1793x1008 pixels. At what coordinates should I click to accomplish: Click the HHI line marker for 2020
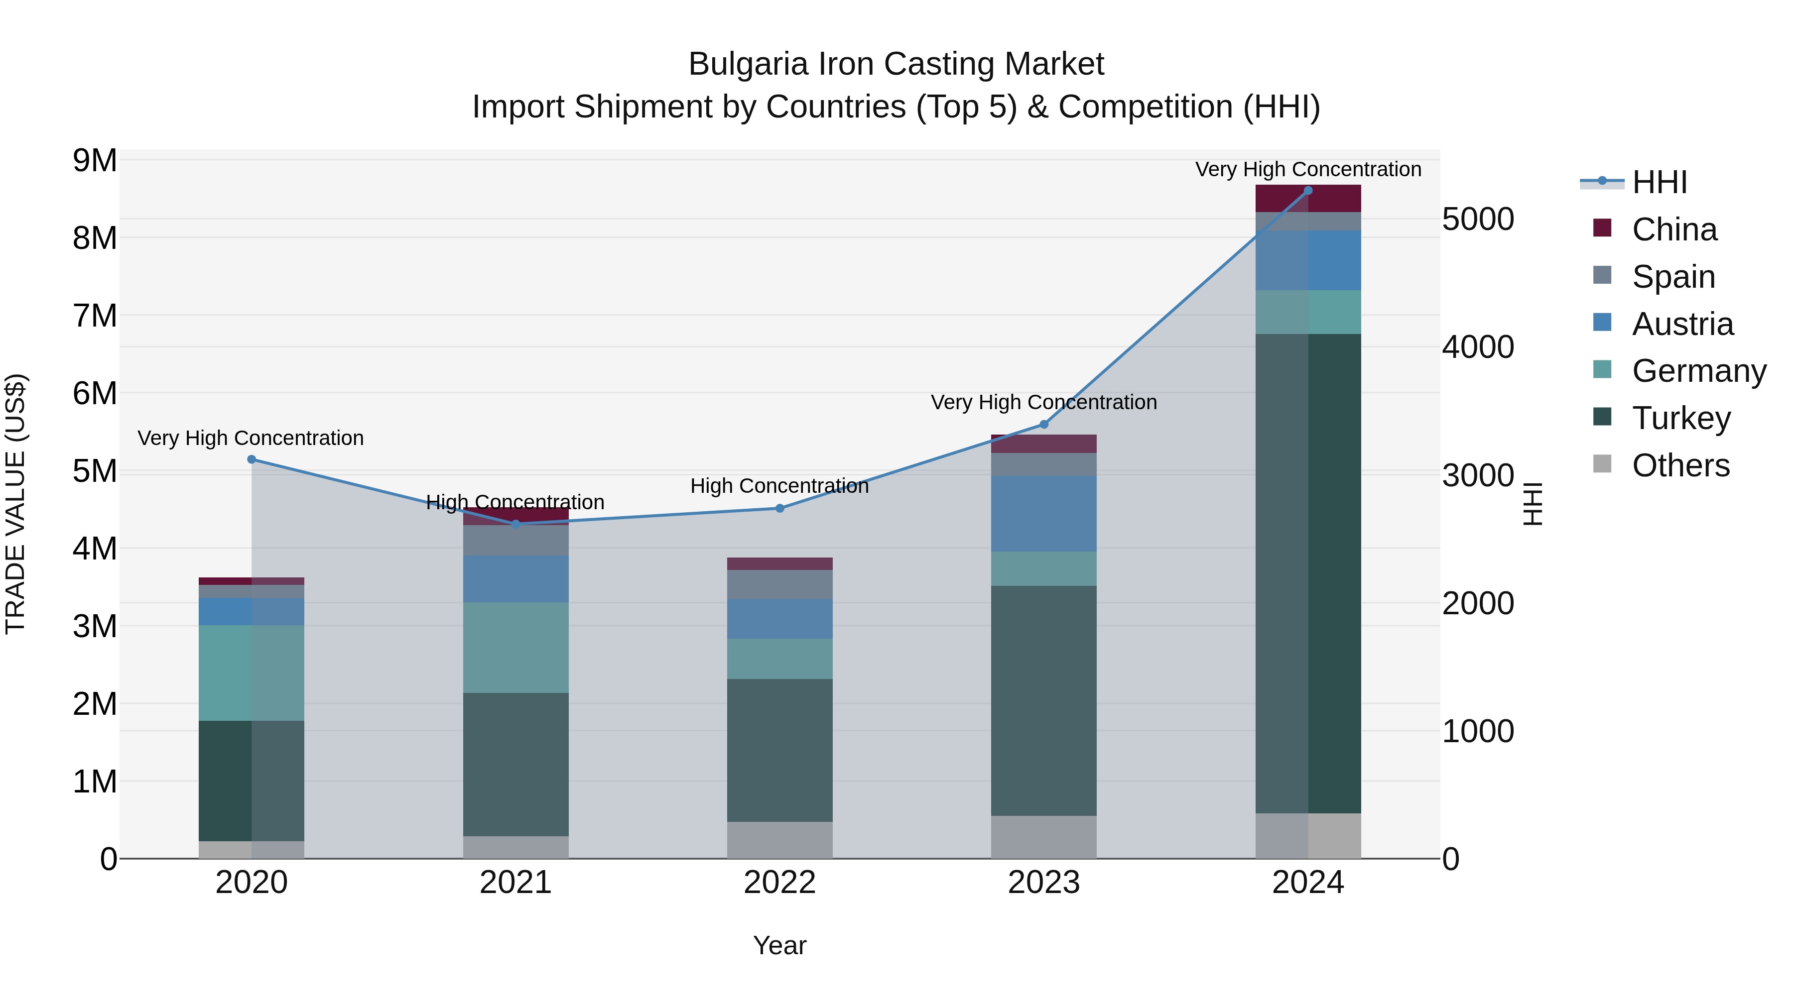click(x=252, y=459)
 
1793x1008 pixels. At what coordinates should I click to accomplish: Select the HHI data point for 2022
click(x=779, y=509)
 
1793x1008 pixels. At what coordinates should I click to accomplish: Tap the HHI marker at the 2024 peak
click(x=1308, y=191)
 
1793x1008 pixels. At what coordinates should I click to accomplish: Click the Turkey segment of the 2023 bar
click(x=1043, y=700)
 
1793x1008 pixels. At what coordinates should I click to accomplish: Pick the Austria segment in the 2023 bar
click(x=1043, y=514)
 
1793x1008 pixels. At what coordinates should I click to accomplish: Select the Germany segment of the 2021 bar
click(x=516, y=648)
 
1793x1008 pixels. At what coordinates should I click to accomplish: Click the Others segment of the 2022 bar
click(x=779, y=840)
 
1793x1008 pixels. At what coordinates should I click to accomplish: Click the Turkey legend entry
click(x=1680, y=418)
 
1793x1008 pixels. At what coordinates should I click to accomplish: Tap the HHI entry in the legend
click(x=1660, y=182)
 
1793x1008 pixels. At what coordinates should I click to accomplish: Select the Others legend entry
click(x=1680, y=465)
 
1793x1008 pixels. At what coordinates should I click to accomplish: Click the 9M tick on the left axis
click(x=95, y=161)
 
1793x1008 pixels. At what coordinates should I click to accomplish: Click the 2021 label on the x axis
click(x=516, y=883)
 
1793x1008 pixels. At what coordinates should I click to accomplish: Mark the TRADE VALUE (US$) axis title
click(x=16, y=504)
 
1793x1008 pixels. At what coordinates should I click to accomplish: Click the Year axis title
click(x=779, y=945)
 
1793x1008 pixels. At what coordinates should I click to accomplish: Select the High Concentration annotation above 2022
click(x=779, y=485)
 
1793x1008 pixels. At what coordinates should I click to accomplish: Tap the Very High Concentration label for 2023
click(x=1043, y=402)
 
